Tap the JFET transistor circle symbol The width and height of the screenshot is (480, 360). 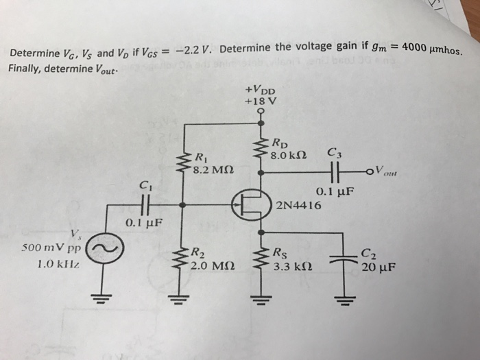(248, 204)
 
